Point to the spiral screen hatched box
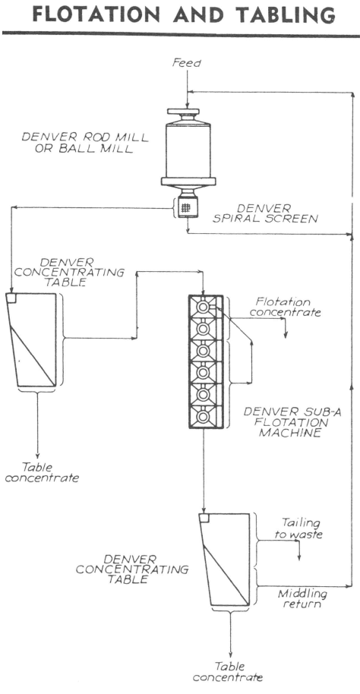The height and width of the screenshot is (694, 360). tap(186, 207)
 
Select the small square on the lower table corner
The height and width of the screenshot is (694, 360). tap(204, 518)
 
